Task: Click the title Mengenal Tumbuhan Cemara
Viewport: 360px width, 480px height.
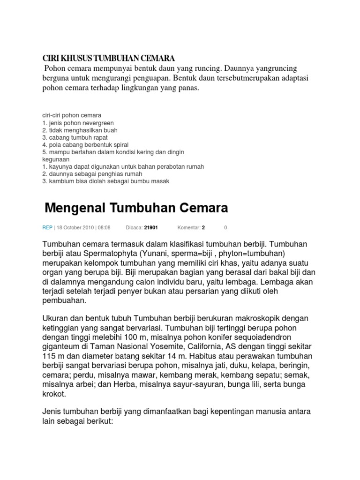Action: [x=136, y=207]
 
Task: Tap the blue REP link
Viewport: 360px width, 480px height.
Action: [x=47, y=228]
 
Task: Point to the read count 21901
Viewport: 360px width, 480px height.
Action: [x=151, y=228]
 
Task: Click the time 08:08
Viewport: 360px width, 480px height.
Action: [x=104, y=228]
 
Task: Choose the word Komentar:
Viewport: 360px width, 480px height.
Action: [x=189, y=228]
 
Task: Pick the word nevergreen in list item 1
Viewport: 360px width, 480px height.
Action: [x=98, y=123]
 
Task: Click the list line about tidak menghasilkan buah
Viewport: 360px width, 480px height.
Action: [x=80, y=130]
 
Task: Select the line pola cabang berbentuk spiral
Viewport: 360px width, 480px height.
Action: [x=85, y=145]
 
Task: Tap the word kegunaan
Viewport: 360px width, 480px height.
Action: [x=56, y=159]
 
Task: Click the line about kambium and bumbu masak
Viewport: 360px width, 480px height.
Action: [x=105, y=181]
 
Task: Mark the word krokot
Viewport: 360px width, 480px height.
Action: [x=54, y=395]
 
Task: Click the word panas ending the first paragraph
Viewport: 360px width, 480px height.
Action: [x=188, y=88]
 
